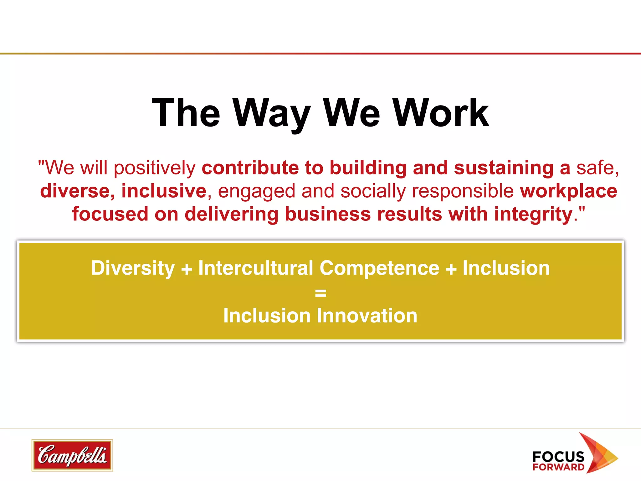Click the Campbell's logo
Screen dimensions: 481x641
pos(72,455)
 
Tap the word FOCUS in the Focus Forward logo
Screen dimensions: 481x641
pos(558,457)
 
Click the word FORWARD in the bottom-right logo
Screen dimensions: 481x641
pos(558,467)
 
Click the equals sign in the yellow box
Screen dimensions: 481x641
pos(320,293)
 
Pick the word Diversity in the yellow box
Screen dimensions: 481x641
pos(133,268)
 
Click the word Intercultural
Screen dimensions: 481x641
pos(255,268)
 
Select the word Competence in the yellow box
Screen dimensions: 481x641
pos(379,268)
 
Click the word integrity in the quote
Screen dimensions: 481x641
pos(533,215)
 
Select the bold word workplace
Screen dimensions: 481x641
pos(568,191)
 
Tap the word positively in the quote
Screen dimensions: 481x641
pos(155,168)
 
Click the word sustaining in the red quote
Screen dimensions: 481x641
pos(504,168)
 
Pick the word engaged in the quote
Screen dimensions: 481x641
pos(256,192)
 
